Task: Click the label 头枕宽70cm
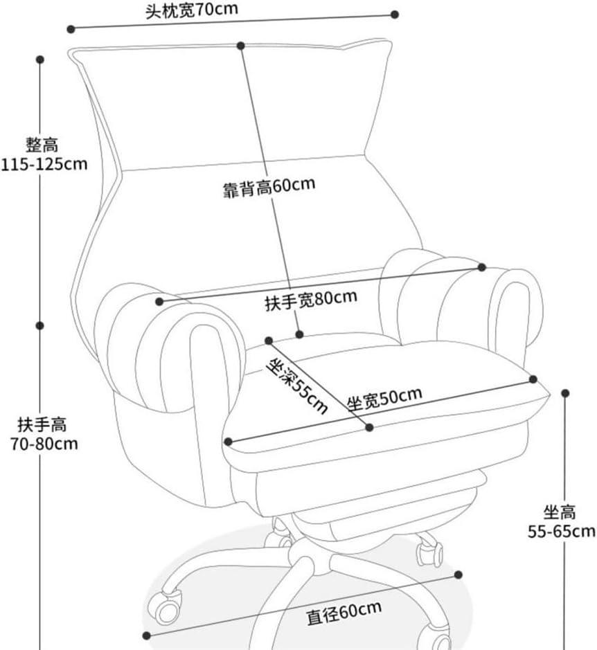coord(192,10)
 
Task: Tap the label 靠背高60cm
coord(269,187)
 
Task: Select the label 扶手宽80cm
coord(311,300)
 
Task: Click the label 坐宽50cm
coord(384,398)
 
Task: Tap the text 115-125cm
coord(44,164)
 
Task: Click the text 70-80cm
coord(44,444)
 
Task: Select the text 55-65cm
coord(561,531)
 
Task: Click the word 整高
coord(42,145)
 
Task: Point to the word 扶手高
coord(42,424)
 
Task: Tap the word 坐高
coord(560,512)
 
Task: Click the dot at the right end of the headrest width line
coord(395,15)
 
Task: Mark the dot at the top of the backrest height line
coord(241,46)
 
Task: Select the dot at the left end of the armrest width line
coord(159,301)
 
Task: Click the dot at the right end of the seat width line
coord(533,379)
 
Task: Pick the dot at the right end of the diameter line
coord(458,575)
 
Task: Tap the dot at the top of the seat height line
coord(565,393)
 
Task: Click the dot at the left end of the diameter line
coord(146,635)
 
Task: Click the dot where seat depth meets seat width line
coord(369,427)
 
